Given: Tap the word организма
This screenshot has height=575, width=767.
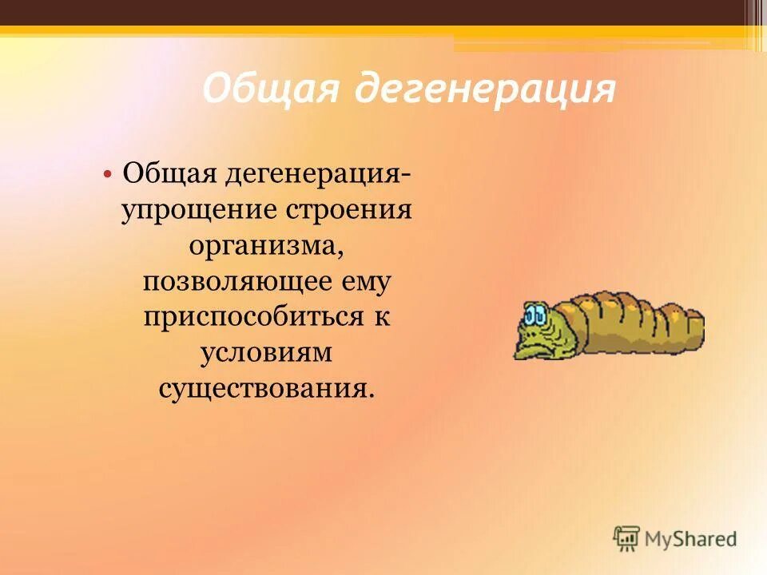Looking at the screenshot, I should coord(267,245).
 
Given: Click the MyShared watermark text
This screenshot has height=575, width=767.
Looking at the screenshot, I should coord(691,539).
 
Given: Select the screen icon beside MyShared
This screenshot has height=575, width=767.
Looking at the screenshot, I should coord(627,537).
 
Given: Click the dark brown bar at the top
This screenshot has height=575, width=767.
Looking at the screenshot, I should coord(383,12).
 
